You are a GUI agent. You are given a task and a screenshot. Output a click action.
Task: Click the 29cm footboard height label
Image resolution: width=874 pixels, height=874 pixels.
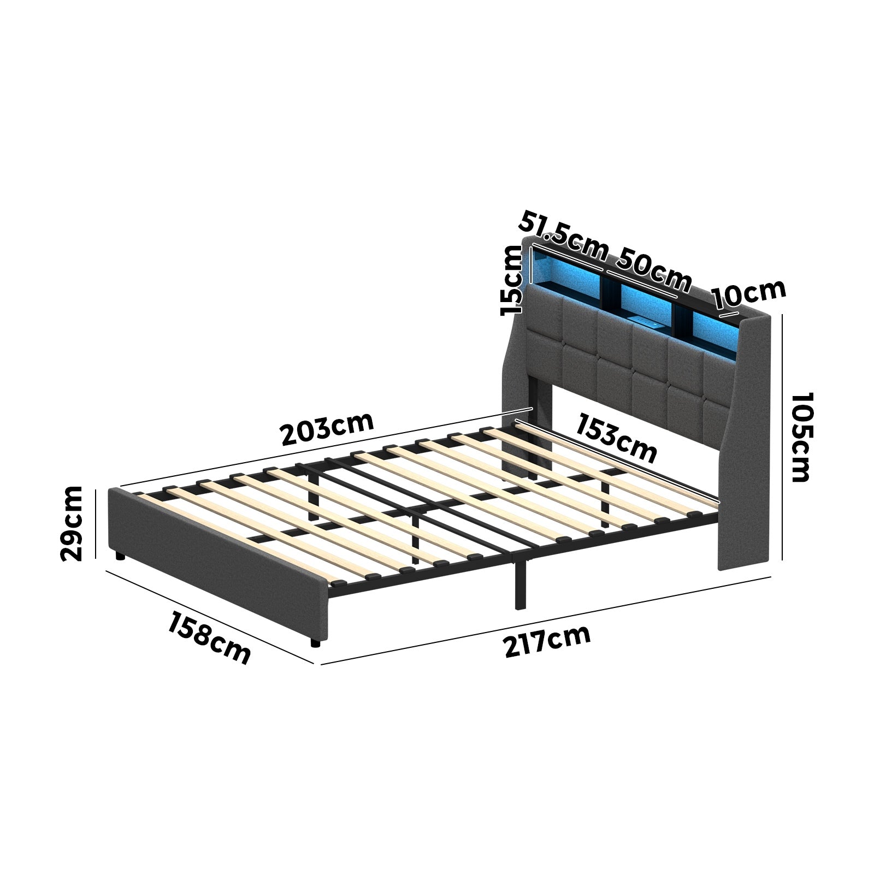(72, 523)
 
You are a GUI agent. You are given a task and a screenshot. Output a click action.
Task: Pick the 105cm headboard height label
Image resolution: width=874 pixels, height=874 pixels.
(801, 437)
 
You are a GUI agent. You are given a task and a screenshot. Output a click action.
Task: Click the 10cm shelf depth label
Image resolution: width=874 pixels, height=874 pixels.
(749, 296)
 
